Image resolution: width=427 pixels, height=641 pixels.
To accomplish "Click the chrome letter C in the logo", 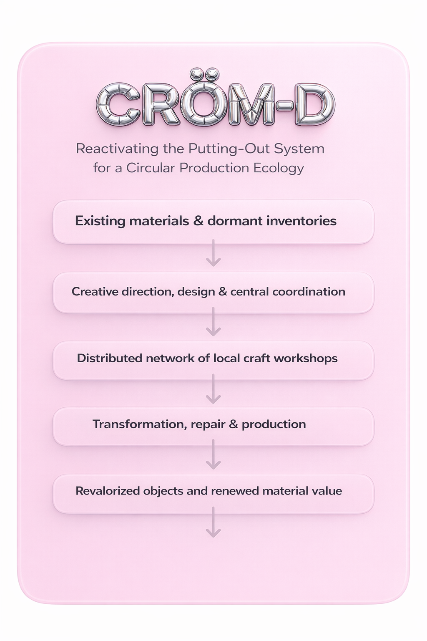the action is pyautogui.click(x=118, y=104).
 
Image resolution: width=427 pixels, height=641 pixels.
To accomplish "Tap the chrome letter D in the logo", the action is pyautogui.click(x=315, y=104).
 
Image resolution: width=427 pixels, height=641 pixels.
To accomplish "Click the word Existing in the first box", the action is pyautogui.click(x=100, y=221).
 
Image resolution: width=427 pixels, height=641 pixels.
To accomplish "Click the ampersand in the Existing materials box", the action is pyautogui.click(x=198, y=221).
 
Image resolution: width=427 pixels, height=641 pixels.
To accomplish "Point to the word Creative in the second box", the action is pyautogui.click(x=95, y=291).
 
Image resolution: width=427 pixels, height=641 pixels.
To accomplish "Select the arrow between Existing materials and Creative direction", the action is pyautogui.click(x=213, y=253).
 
